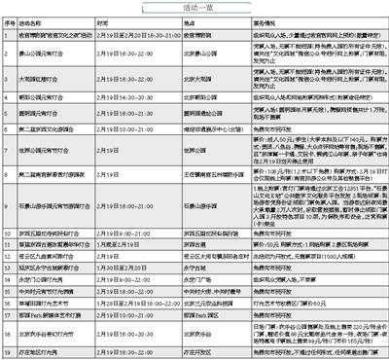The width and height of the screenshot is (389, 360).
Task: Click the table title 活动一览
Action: tap(194, 8)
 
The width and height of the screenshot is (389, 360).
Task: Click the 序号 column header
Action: tap(12, 20)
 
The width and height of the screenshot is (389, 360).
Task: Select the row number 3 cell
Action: tap(12, 71)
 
